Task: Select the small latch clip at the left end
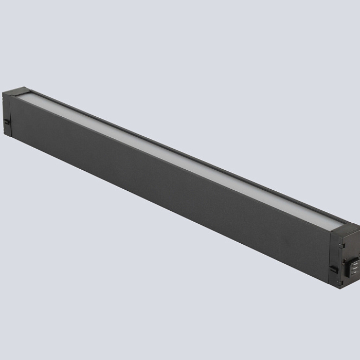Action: [x=7, y=122]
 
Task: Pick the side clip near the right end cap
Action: [x=333, y=268]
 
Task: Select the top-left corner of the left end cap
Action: [x=3, y=93]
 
